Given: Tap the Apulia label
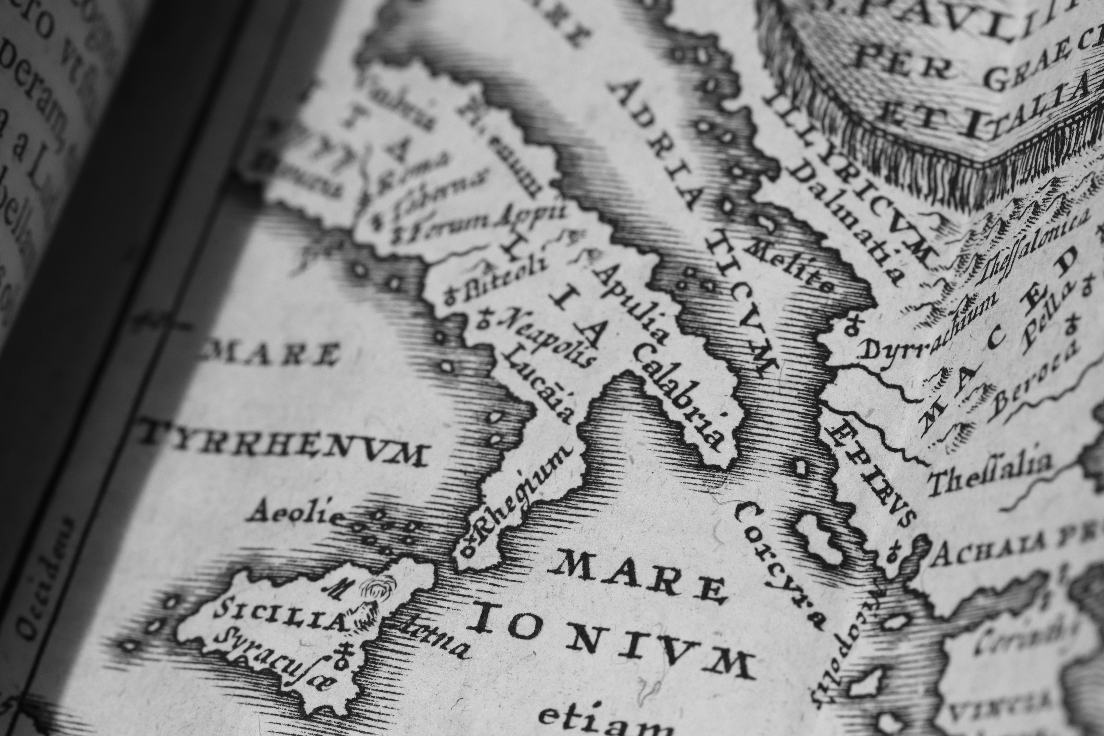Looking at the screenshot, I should coord(629,305).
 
